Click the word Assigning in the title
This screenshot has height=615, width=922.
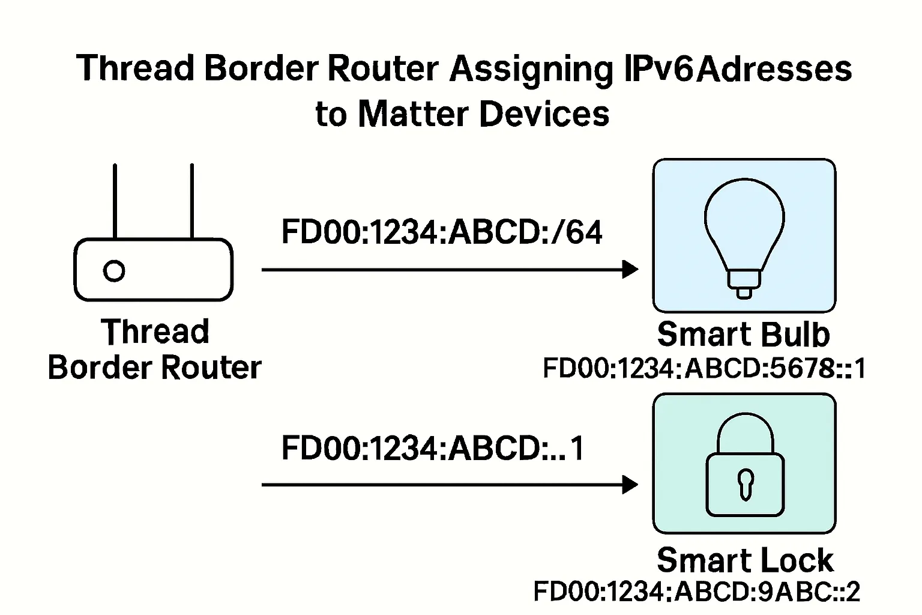click(531, 69)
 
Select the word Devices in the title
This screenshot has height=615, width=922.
click(544, 114)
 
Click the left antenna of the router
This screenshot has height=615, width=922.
click(115, 201)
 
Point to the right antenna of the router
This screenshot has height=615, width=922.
click(191, 201)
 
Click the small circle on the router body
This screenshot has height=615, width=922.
click(114, 271)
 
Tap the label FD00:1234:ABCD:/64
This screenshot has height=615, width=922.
click(441, 232)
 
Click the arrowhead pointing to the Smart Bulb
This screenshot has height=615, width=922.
click(630, 270)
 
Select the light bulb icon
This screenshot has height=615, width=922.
click(744, 231)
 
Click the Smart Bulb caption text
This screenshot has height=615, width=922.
click(743, 334)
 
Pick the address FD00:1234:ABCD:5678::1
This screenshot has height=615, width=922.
click(704, 368)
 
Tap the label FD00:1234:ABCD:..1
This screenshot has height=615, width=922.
click(433, 447)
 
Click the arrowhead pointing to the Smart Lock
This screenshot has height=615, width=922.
click(630, 484)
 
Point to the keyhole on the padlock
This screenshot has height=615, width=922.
click(745, 483)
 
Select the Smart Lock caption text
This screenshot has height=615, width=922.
click(745, 560)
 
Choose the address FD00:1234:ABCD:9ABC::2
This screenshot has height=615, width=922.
click(696, 592)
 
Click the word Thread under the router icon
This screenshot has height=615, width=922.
click(155, 332)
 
